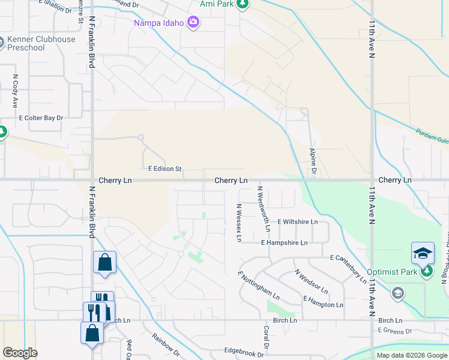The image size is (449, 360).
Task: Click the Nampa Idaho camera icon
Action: click(x=193, y=23)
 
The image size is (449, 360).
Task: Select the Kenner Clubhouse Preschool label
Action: click(x=41, y=44)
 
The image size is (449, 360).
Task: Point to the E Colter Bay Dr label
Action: click(x=41, y=118)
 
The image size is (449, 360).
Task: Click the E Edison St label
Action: click(x=162, y=169)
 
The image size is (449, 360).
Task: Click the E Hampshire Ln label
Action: click(x=284, y=243)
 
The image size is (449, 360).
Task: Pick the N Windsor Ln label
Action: click(x=310, y=281)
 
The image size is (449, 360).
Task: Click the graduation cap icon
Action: click(x=423, y=253)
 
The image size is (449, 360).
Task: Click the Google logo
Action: click(x=20, y=353)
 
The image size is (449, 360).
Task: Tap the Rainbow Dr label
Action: click(x=165, y=344)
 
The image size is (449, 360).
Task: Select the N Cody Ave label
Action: click(x=16, y=91)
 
